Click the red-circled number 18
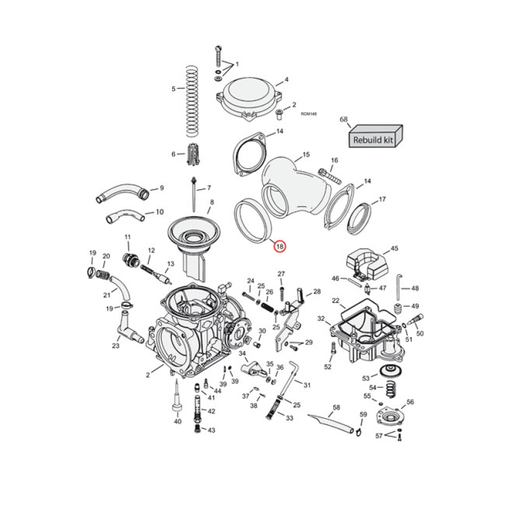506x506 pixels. [x=280, y=247]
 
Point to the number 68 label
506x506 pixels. [x=344, y=120]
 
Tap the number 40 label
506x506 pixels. [x=178, y=421]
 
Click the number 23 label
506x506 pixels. [x=116, y=346]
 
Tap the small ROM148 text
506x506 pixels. [x=309, y=114]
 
